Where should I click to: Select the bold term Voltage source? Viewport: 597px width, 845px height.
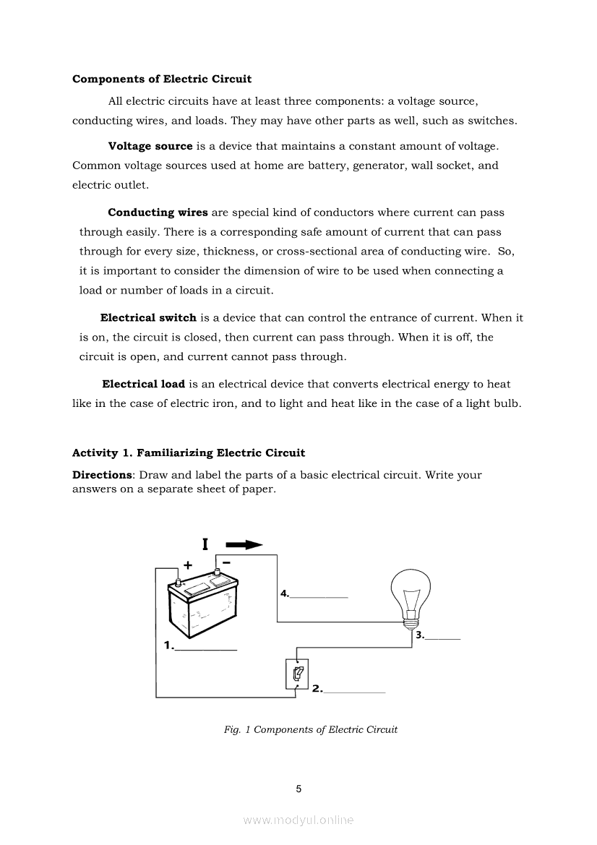coord(150,146)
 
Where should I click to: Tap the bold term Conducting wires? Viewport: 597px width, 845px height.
coord(158,213)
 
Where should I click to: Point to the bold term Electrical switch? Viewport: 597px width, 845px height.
coord(148,317)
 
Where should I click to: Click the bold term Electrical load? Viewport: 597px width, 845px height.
coord(144,384)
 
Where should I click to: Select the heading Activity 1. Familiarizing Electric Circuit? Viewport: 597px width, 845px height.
coord(189,453)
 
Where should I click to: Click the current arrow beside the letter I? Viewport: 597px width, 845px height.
coord(244,545)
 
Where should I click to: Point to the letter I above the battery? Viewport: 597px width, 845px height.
coord(205,544)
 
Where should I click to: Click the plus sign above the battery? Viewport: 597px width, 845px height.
coord(188,565)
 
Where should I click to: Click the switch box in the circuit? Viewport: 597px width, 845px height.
coord(297,675)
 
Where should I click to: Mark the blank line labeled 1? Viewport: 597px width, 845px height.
coord(206,648)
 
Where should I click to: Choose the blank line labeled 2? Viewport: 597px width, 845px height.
coord(355,692)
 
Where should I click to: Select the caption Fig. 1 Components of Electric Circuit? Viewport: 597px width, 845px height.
coord(311,729)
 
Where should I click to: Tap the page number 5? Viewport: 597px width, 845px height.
coord(298,789)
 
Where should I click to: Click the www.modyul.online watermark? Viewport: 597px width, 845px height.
coord(298,820)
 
